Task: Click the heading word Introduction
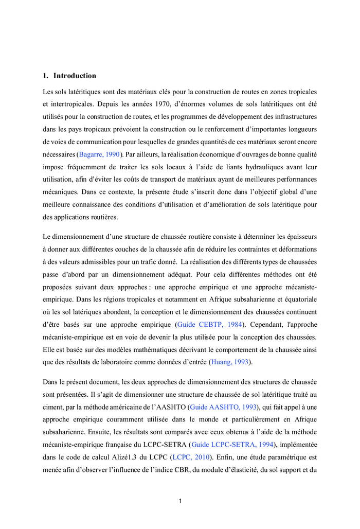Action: pos(75,76)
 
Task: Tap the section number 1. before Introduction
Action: pos(46,76)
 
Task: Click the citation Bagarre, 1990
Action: pos(99,154)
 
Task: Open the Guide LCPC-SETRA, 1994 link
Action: pos(231,444)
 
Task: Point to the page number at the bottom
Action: pos(180,501)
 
